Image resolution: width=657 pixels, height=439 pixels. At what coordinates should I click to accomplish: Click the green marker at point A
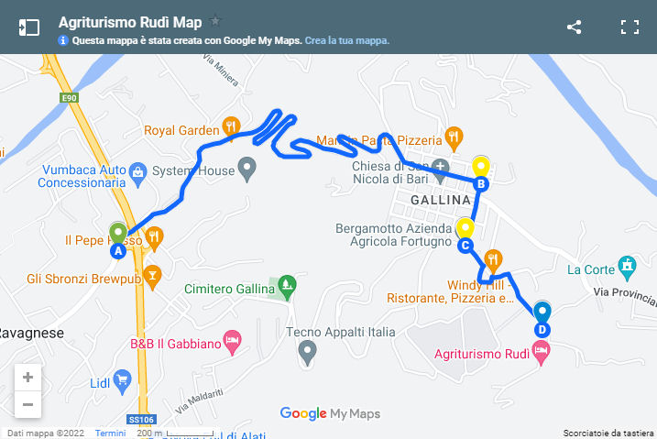118,232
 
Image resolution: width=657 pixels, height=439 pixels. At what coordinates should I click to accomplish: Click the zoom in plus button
27,377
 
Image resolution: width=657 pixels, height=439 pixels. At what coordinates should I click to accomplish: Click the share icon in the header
575,27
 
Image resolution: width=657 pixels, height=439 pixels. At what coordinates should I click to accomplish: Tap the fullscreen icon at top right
630,27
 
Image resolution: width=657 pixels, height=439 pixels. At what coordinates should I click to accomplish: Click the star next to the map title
215,20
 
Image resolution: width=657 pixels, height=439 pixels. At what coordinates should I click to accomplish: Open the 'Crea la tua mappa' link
347,40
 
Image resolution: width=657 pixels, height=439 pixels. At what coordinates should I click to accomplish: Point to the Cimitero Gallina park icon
287,284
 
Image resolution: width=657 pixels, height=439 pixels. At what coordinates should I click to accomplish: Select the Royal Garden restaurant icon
232,129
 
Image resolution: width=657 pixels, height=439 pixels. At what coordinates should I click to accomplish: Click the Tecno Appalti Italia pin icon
308,349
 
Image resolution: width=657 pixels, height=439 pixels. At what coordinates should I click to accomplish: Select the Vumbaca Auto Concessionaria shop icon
138,170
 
